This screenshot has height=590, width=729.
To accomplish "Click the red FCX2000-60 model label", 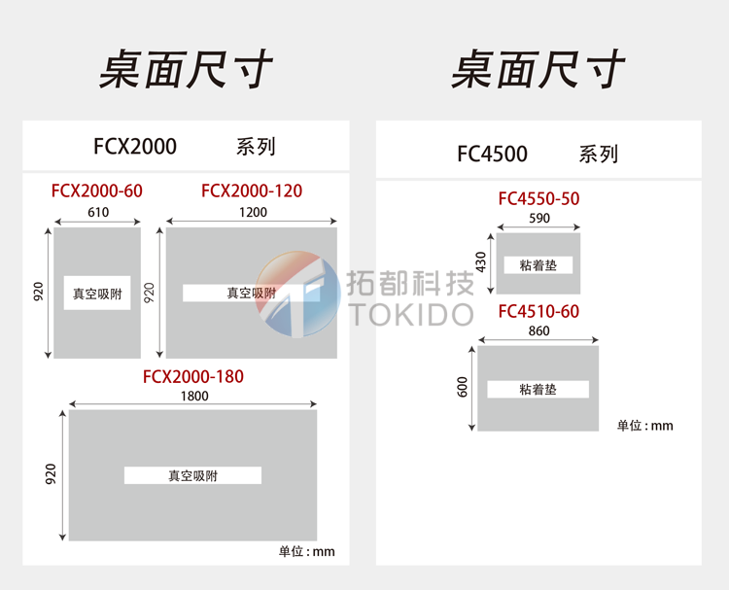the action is pyautogui.click(x=97, y=191).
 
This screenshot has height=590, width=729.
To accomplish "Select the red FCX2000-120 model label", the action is pyautogui.click(x=252, y=191).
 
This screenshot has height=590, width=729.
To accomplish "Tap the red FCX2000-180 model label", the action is pyautogui.click(x=193, y=376).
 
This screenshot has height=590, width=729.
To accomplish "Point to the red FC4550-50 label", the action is pyautogui.click(x=538, y=198).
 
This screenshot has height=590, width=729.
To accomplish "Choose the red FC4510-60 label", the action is pyautogui.click(x=538, y=311).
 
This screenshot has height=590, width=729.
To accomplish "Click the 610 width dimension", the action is pyautogui.click(x=98, y=212).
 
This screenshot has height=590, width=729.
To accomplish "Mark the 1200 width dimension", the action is pyautogui.click(x=253, y=212).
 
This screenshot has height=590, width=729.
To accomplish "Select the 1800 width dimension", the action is pyautogui.click(x=193, y=396).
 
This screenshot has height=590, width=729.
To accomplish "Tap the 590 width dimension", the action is pyautogui.click(x=538, y=219).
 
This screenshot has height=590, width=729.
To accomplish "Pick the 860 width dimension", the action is pyautogui.click(x=538, y=331).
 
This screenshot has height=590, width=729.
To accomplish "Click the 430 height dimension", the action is pyautogui.click(x=479, y=262).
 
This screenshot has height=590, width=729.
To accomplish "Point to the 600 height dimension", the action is pyautogui.click(x=463, y=387).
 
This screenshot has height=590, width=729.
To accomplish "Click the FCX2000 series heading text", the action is pyautogui.click(x=135, y=147).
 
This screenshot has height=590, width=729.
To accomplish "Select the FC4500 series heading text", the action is pyautogui.click(x=492, y=154).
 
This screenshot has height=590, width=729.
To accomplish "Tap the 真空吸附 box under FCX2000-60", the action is pyautogui.click(x=97, y=293).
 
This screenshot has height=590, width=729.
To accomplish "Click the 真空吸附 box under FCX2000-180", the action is pyautogui.click(x=192, y=475).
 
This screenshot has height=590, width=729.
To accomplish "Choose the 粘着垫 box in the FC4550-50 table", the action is pyautogui.click(x=538, y=264).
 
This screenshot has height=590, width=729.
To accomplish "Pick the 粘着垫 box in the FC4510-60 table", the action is pyautogui.click(x=538, y=389).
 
